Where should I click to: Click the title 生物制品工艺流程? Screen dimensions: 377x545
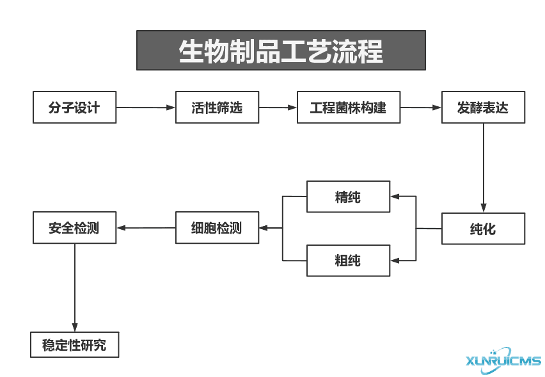(281, 51)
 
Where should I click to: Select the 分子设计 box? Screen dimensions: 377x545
(75, 108)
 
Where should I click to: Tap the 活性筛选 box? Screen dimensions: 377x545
(217, 108)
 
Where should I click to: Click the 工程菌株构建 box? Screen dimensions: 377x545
(349, 108)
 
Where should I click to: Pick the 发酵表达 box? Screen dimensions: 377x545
(483, 108)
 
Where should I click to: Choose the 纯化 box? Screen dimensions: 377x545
(483, 229)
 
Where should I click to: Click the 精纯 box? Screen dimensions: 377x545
(349, 197)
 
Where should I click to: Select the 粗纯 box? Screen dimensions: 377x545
(349, 261)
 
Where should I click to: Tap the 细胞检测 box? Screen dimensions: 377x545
(217, 228)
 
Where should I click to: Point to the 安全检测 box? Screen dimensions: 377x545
(75, 228)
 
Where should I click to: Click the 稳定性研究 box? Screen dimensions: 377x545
(75, 345)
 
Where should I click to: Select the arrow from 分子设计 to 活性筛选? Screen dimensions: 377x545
(146, 108)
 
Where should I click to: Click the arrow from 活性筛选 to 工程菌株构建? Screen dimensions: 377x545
(278, 108)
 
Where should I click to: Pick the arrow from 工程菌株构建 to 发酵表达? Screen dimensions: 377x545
(421, 108)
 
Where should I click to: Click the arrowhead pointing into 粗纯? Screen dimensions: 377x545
(395, 261)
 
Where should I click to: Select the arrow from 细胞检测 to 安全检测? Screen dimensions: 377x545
(146, 228)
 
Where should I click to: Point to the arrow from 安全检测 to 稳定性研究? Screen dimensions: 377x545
(75, 288)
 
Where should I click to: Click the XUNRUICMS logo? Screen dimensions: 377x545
(503, 360)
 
